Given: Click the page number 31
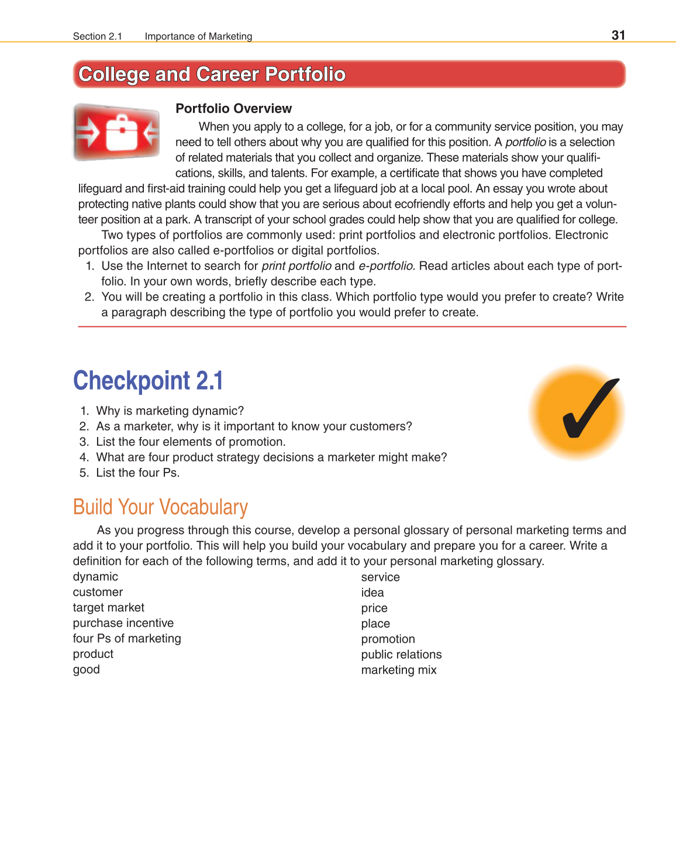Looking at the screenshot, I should [x=618, y=35].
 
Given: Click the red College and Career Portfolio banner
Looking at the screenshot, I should [x=349, y=74].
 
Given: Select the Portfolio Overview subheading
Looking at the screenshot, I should [x=233, y=109].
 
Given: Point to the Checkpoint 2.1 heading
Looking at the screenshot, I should [x=148, y=381].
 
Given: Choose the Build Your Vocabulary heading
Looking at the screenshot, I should [x=160, y=507].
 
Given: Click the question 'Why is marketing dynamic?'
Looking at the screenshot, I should [x=170, y=411].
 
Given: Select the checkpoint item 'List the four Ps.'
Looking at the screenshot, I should [x=137, y=473].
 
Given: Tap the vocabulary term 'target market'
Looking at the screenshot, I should [x=108, y=608].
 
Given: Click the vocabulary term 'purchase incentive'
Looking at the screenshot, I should [x=123, y=623].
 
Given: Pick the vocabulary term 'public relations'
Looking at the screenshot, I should [x=401, y=654].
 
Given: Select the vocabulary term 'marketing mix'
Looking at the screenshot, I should [x=398, y=670].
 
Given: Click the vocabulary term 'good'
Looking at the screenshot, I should [x=86, y=670].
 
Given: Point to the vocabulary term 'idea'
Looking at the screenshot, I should [x=372, y=592].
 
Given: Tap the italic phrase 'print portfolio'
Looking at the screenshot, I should [x=296, y=266].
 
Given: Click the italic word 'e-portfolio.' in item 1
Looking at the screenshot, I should [x=387, y=266].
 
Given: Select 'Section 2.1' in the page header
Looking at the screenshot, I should [x=97, y=36].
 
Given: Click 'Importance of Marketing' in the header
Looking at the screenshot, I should [x=198, y=36].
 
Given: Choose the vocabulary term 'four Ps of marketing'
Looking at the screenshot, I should [x=127, y=639].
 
